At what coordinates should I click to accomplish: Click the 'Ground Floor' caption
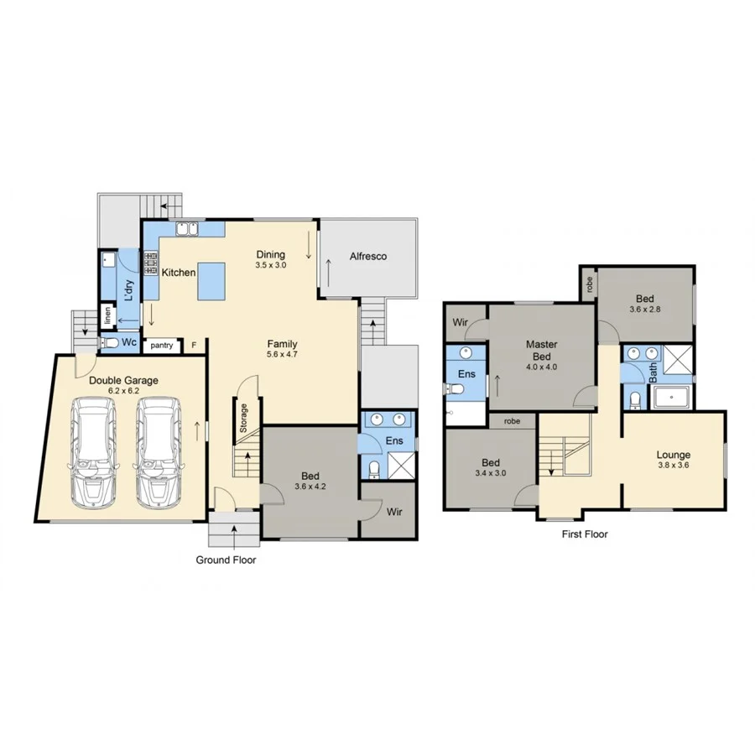(226, 560)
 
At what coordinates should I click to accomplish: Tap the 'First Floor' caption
(584, 534)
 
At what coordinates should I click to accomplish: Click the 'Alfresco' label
(367, 256)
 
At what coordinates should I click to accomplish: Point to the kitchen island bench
(211, 280)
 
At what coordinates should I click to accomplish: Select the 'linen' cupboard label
(107, 316)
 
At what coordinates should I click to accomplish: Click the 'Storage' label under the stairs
(244, 418)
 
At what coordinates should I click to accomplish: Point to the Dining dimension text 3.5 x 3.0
(271, 265)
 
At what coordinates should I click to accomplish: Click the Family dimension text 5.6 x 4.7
(282, 354)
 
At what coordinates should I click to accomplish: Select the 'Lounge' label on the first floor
(673, 455)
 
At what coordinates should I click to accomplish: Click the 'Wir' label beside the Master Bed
(460, 322)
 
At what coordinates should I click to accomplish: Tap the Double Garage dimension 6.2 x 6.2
(123, 391)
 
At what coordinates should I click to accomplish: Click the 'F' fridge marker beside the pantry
(194, 345)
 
